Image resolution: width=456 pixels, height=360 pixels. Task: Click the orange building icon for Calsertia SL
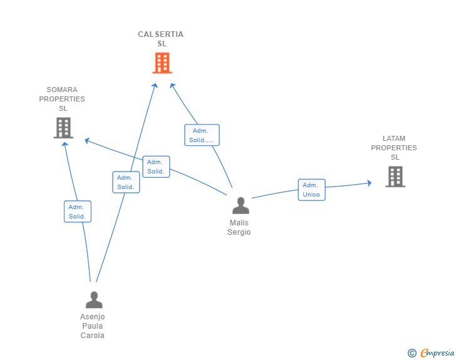[162, 63]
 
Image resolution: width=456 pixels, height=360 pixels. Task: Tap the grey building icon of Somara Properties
[63, 128]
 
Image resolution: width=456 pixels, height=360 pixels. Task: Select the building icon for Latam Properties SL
[395, 177]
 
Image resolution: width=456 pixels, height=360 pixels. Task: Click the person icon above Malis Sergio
[241, 205]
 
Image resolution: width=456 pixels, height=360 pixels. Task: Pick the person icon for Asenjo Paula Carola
[94, 300]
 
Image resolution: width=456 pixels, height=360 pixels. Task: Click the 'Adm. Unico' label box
[311, 190]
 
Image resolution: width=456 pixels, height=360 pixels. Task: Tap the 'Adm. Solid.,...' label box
[202, 135]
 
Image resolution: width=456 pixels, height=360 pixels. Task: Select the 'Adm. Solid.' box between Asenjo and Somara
[78, 212]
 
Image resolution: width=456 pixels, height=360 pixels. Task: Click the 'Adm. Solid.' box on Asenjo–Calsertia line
[126, 182]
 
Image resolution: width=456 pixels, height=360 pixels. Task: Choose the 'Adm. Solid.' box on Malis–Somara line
[156, 167]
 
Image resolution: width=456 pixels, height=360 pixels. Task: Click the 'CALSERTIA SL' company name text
[161, 39]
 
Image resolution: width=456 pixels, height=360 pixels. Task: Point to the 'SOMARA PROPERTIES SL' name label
[62, 99]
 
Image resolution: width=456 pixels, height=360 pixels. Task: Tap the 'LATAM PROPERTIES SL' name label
[394, 148]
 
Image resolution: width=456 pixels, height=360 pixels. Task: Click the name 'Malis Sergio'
[239, 227]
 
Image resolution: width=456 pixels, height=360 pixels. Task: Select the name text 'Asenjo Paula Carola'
[93, 326]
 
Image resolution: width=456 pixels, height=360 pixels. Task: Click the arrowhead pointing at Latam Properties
[370, 183]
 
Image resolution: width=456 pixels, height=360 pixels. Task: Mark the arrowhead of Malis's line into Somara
[86, 141]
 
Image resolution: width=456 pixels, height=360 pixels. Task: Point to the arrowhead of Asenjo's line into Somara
[65, 144]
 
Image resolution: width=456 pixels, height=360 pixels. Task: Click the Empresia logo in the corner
[437, 353]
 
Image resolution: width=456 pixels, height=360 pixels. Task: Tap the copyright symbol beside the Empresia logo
[412, 353]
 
